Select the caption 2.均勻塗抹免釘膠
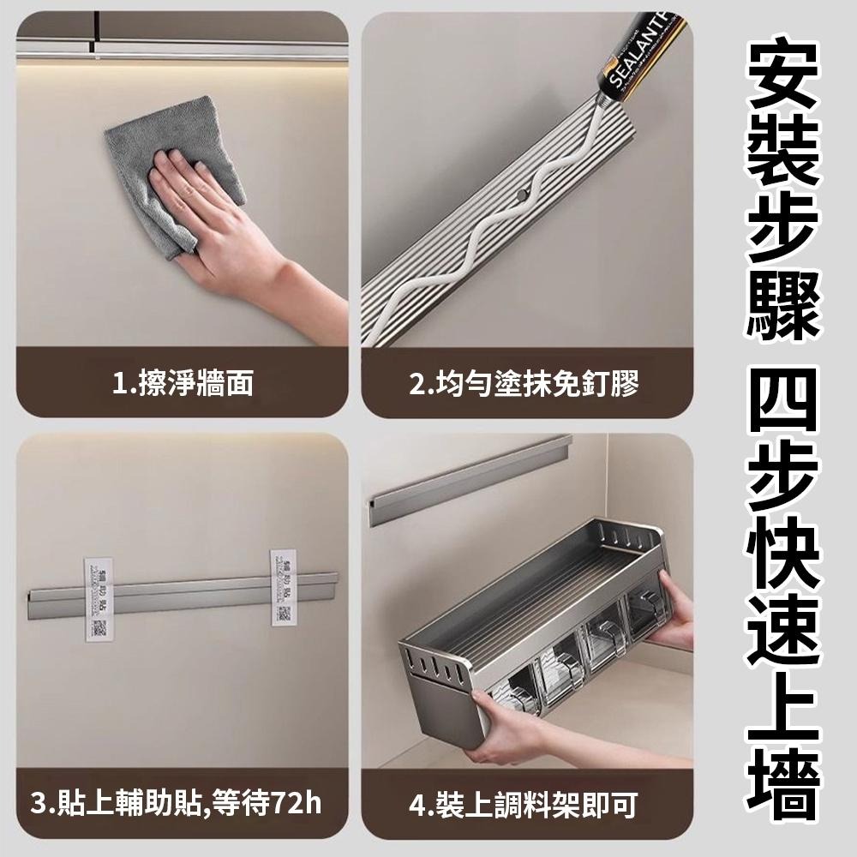click(x=524, y=383)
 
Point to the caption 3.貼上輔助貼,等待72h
click(x=176, y=805)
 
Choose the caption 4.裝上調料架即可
click(x=524, y=805)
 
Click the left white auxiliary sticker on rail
click(x=99, y=597)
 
